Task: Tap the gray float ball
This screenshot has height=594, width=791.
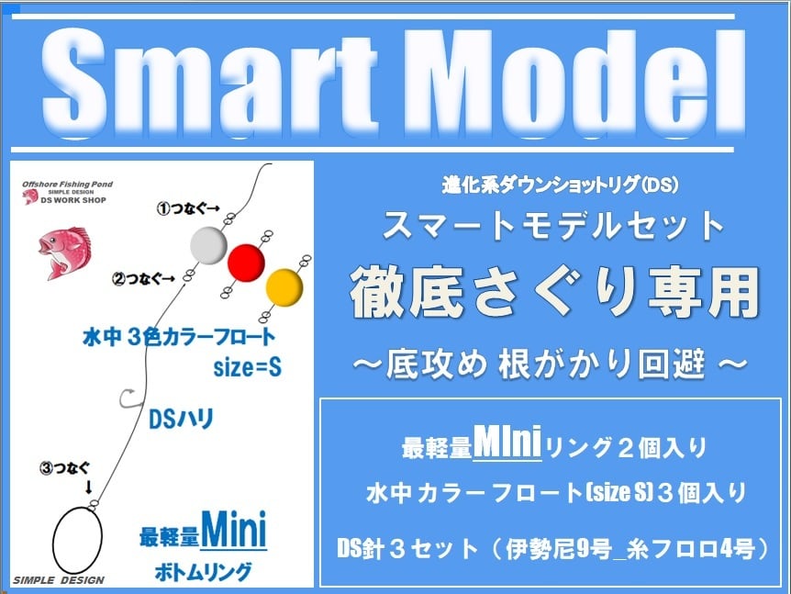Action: (208, 245)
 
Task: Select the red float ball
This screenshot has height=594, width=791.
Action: (246, 263)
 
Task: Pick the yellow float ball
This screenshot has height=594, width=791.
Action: (284, 287)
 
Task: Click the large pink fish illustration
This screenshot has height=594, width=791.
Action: (64, 252)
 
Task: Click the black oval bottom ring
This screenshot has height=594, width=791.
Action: (78, 540)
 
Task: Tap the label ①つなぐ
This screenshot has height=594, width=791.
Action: (188, 208)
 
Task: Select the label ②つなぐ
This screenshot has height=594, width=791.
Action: (143, 278)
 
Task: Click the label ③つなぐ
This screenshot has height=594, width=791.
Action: (64, 468)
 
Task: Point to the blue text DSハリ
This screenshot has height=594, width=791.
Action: (182, 419)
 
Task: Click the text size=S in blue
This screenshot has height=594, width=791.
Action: (247, 367)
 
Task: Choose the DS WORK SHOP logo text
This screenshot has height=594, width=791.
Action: (73, 200)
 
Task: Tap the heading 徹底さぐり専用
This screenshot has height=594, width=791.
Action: (554, 293)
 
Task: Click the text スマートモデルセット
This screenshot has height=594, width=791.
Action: (553, 226)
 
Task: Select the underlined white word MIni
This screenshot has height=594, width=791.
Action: (507, 443)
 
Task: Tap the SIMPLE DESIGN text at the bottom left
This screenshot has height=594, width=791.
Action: (59, 580)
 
